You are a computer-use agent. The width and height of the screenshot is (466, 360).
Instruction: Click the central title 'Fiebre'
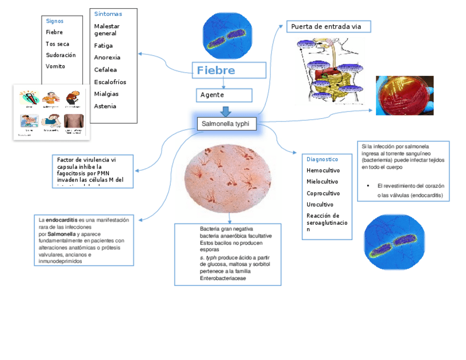216,70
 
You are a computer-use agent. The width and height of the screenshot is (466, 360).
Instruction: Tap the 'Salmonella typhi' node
225,124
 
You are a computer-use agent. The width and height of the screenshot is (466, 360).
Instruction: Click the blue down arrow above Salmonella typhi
225,111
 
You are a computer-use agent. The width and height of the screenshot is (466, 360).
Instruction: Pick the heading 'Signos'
54,21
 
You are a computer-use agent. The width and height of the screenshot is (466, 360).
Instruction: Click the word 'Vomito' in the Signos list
56,67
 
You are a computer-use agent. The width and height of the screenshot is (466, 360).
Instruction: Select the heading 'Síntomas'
108,14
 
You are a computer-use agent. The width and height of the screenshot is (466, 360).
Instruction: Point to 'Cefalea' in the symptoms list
106,70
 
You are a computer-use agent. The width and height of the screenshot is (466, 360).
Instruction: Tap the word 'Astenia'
105,106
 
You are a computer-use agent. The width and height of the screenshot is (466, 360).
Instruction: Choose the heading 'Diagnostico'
323,159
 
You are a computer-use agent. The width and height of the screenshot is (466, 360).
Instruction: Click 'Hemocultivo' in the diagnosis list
323,170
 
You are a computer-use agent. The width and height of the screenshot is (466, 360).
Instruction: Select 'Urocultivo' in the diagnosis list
320,204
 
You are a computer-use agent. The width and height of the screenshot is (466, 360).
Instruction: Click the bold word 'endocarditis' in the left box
62,220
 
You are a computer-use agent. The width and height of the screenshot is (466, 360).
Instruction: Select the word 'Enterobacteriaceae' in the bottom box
223,279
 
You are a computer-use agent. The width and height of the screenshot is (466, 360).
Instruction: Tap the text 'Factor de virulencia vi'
86,159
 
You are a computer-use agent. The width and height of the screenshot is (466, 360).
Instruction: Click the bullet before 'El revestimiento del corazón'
368,186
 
